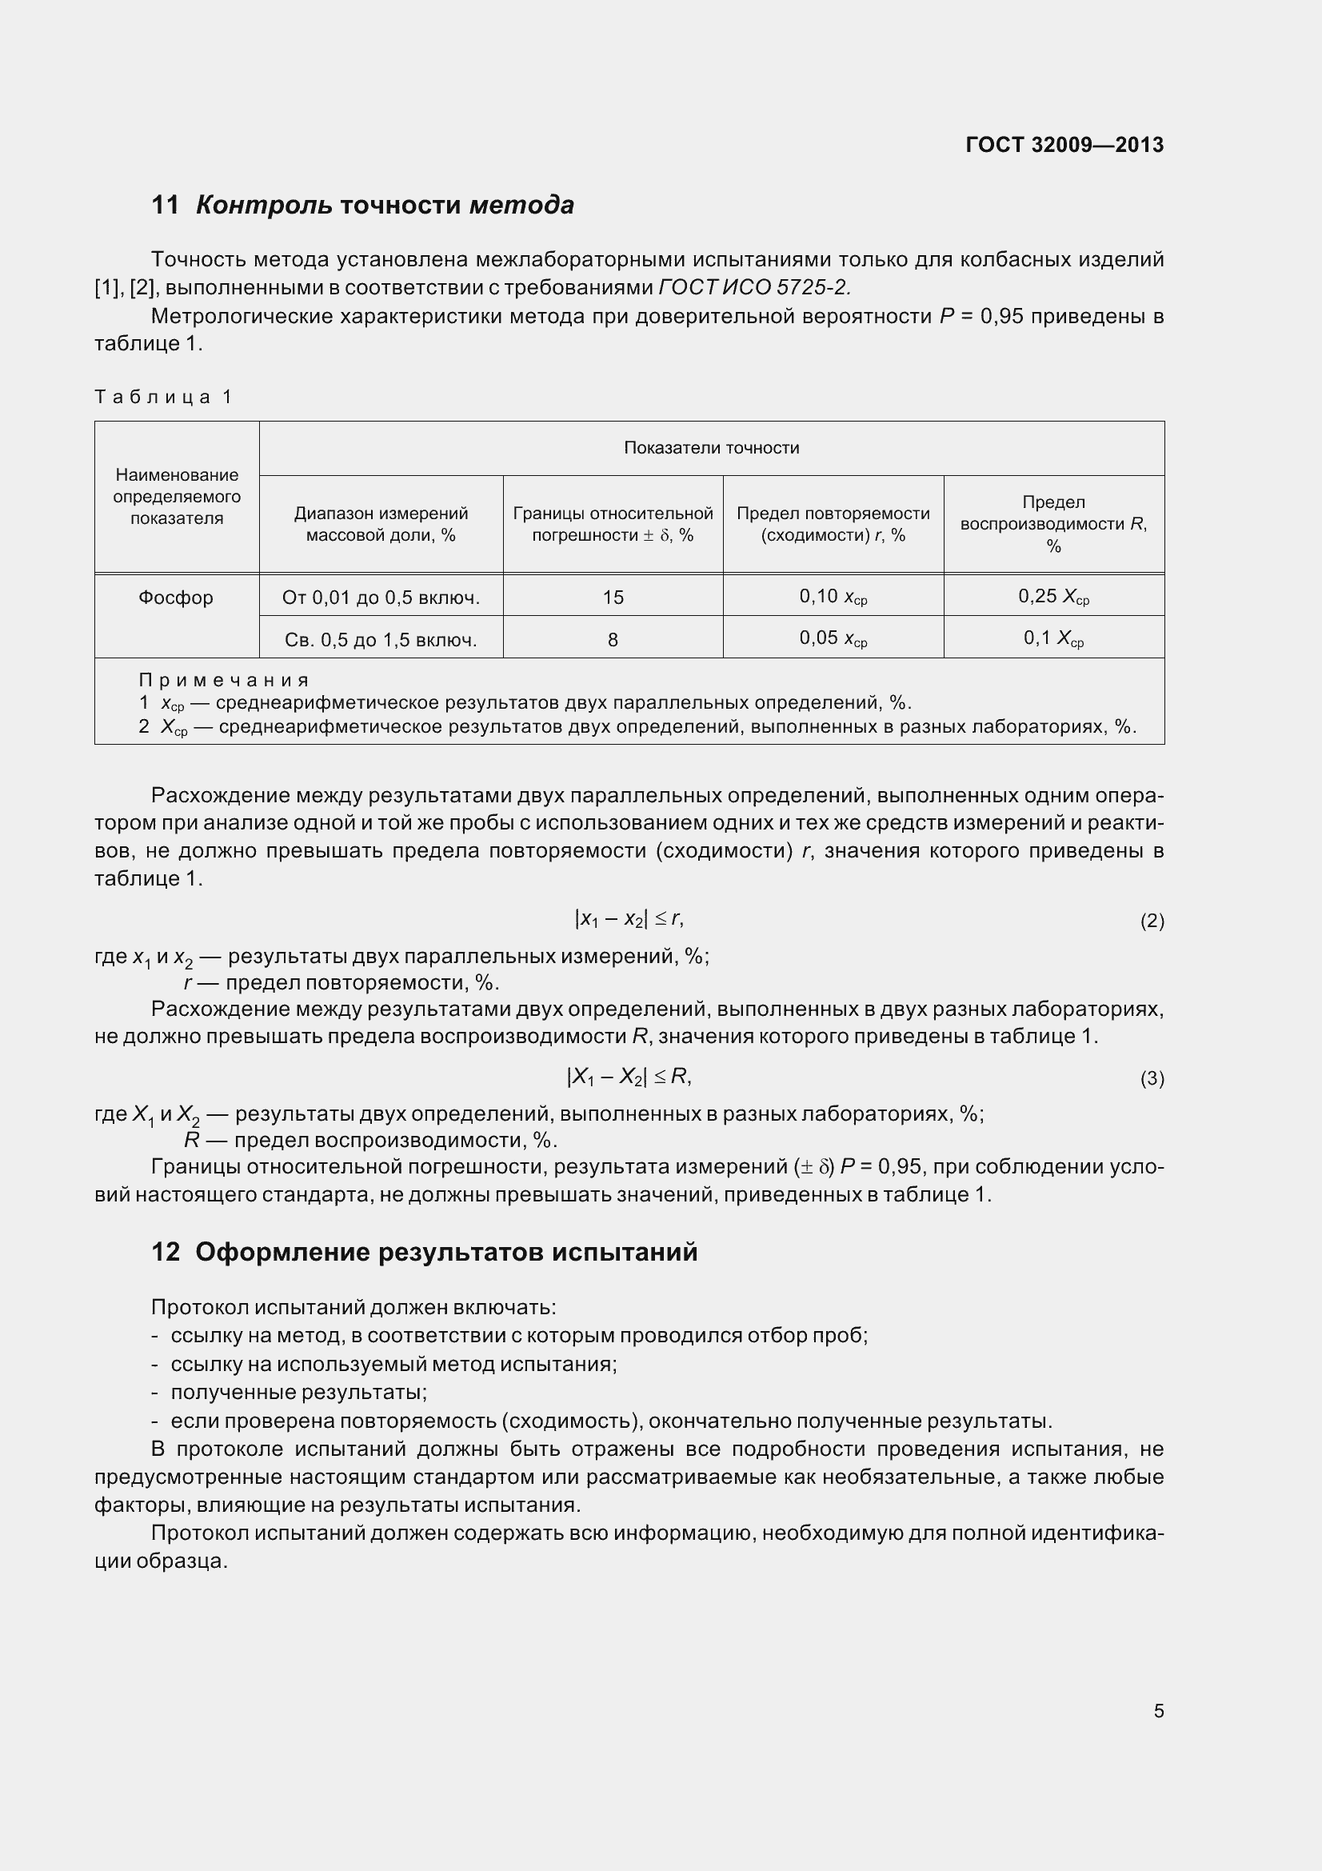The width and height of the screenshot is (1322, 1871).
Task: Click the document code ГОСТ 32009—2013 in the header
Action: coord(1064,145)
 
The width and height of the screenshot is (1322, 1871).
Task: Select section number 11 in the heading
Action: coord(166,206)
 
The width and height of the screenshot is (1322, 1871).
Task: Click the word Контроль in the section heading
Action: coord(264,206)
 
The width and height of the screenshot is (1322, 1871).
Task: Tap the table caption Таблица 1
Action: coord(164,397)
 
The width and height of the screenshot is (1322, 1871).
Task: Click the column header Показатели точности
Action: coord(711,447)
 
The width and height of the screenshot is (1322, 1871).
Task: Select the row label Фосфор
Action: coord(176,598)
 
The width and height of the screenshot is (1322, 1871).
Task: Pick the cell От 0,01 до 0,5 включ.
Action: coord(381,598)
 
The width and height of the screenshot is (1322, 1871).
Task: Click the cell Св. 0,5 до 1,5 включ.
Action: coord(381,640)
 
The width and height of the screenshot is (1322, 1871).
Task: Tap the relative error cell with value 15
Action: coord(613,598)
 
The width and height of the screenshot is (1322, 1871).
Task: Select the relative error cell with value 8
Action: coord(613,640)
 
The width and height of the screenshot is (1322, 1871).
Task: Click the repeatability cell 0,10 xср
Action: coord(833,598)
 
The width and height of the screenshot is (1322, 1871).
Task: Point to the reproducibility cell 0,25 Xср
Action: coord(1053,598)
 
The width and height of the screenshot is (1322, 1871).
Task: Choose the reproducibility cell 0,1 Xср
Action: coord(1053,639)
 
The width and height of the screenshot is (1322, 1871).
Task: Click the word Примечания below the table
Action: coord(224,680)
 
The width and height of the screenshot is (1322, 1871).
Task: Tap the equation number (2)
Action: coord(1151,921)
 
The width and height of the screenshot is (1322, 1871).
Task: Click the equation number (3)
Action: coord(1151,1079)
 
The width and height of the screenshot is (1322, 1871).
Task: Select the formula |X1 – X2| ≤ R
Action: coord(629,1077)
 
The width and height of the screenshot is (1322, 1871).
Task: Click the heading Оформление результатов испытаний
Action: coord(446,1252)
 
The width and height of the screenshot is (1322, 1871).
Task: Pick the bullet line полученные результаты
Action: coord(299,1393)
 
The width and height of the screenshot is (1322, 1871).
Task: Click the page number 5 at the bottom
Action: coord(1158,1710)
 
